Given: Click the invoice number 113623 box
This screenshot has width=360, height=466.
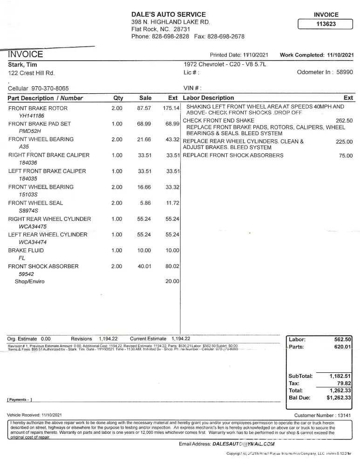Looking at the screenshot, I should (326, 25).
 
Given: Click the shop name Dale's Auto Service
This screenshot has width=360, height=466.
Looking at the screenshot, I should (169, 14).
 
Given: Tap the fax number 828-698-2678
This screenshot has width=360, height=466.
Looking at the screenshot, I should (226, 36).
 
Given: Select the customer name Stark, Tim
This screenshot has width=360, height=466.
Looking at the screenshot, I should (23, 65).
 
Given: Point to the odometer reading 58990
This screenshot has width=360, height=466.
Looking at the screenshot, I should (345, 72).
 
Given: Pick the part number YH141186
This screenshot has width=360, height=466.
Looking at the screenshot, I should (32, 116).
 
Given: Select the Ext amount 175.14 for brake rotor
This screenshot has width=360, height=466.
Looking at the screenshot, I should (171, 108).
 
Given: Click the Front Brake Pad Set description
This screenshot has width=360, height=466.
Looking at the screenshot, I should (40, 124).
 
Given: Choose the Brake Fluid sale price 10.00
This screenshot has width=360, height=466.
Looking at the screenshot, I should (144, 251).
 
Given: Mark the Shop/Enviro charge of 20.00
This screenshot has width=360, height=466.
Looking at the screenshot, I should (172, 281).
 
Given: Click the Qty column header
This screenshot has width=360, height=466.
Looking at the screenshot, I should (118, 98).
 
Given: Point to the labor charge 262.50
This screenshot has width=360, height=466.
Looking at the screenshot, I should (344, 121).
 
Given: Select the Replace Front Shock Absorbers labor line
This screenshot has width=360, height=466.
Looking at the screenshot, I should (233, 156).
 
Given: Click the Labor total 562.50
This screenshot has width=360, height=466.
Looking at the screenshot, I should (342, 340).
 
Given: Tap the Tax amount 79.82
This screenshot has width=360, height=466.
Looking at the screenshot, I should (344, 383).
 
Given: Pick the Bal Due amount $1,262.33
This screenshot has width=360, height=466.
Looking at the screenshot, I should (339, 398).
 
